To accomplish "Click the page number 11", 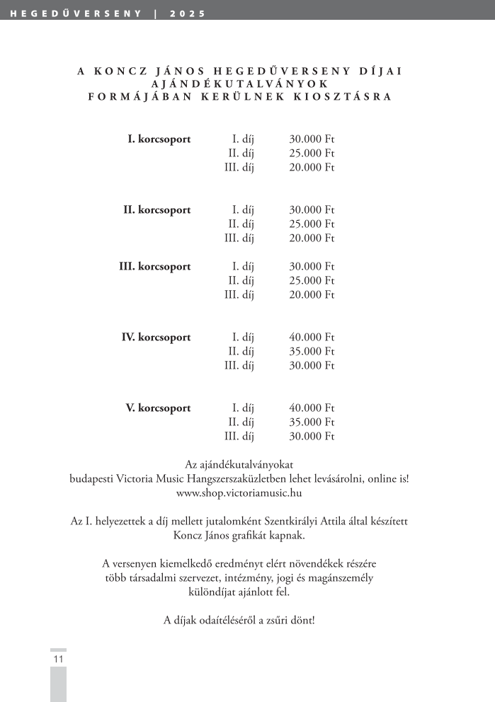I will [58, 659].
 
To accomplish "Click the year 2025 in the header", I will [188, 13].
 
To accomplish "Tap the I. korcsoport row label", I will [159, 139].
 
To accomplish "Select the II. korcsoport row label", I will [157, 210].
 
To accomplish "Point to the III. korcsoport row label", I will [154, 267].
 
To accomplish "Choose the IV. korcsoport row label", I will [156, 338].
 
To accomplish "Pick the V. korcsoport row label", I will [158, 408].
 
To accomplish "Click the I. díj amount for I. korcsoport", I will [312, 139].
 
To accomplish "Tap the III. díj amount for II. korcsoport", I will [312, 238].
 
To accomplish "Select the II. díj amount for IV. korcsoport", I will [312, 352].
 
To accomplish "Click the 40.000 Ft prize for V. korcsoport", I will [312, 408].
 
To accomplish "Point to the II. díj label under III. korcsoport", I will [241, 281].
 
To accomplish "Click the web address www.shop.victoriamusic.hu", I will [239, 493].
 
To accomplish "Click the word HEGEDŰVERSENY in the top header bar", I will [76, 13].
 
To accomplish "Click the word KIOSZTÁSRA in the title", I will [342, 97].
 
